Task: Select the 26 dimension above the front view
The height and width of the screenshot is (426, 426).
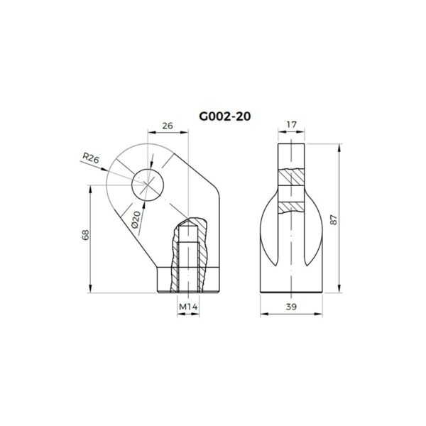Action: point(168,126)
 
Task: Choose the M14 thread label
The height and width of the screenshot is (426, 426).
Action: point(187,307)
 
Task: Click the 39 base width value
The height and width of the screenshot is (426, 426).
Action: point(291,307)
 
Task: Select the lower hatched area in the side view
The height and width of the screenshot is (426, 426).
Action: point(292,207)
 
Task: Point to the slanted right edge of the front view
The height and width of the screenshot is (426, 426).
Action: point(208,177)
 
